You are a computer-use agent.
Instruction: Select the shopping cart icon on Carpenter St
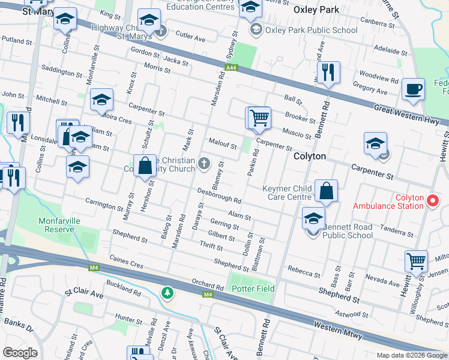pyautogui.click(x=259, y=117)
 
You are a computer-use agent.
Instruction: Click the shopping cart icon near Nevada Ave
pyautogui.click(x=416, y=261)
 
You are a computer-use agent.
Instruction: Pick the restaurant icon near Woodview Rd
pyautogui.click(x=328, y=73)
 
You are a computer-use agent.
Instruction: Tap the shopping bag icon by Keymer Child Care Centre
pyautogui.click(x=326, y=191)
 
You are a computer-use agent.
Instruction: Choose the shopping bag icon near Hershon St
pyautogui.click(x=145, y=166)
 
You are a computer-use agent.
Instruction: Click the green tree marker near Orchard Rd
pyautogui.click(x=167, y=293)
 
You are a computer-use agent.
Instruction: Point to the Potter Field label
pyautogui.click(x=253, y=289)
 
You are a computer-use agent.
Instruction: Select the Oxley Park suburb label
pyautogui.click(x=316, y=10)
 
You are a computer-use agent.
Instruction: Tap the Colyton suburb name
pyautogui.click(x=309, y=156)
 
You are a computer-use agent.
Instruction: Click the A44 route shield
pyautogui.click(x=230, y=69)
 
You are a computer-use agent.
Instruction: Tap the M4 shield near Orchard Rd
pyautogui.click(x=208, y=295)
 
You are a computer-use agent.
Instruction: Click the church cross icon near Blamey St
pyautogui.click(x=205, y=162)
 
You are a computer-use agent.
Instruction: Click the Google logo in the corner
pyautogui.click(x=20, y=353)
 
